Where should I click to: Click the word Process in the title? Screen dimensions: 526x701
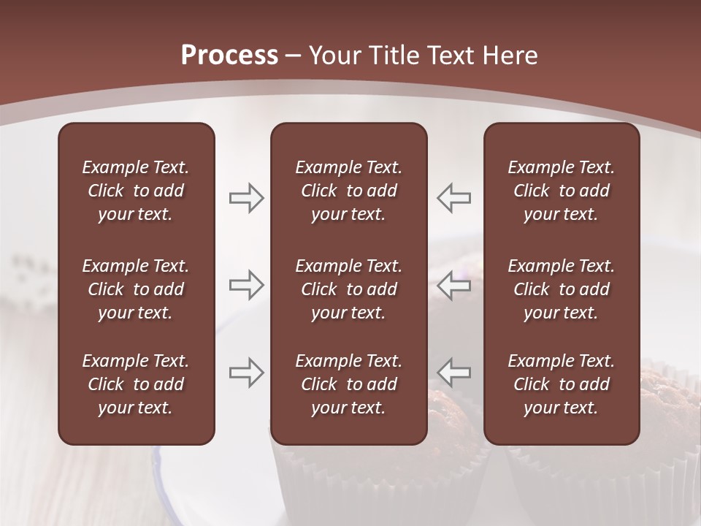pyautogui.click(x=229, y=56)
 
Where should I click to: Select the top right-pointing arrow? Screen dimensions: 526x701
pyautogui.click(x=246, y=198)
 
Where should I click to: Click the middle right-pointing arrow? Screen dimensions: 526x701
pyautogui.click(x=246, y=285)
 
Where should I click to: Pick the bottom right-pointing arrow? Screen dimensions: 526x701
pyautogui.click(x=246, y=373)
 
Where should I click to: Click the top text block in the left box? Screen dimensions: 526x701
pyautogui.click(x=136, y=191)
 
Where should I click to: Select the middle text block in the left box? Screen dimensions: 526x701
pyautogui.click(x=136, y=289)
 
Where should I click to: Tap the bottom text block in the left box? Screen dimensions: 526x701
pyautogui.click(x=136, y=384)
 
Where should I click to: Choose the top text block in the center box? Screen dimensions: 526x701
pyautogui.click(x=348, y=191)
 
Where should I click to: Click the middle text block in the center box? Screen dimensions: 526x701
pyautogui.click(x=348, y=289)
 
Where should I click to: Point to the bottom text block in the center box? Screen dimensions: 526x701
pyautogui.click(x=348, y=384)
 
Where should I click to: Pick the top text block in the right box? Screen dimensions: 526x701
pyautogui.click(x=561, y=191)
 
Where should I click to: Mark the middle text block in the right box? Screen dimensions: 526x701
pyautogui.click(x=561, y=289)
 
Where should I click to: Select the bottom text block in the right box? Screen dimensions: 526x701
pyautogui.click(x=561, y=384)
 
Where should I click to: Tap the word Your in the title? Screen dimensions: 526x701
pyautogui.click(x=332, y=56)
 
